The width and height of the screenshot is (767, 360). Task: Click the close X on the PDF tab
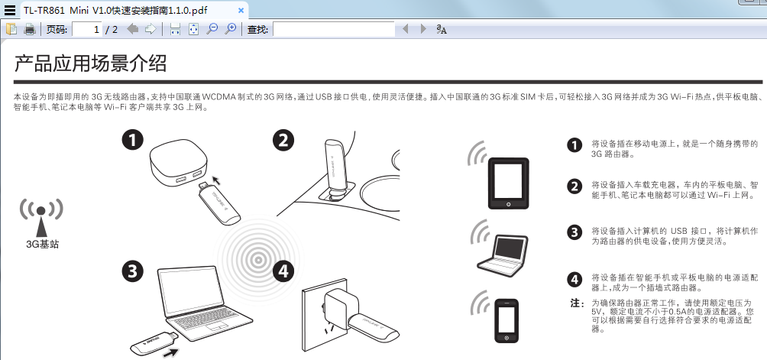pyautogui.click(x=241, y=10)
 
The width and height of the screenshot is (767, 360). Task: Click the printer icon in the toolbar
pyautogui.click(x=30, y=29)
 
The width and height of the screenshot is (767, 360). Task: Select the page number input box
pyautogui.click(x=87, y=29)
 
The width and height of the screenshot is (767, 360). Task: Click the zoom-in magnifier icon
pyautogui.click(x=230, y=29)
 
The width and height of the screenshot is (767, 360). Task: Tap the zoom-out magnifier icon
pyautogui.click(x=212, y=29)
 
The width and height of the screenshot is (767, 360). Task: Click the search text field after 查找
pyautogui.click(x=334, y=29)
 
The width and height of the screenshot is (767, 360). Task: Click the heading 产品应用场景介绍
pyautogui.click(x=90, y=63)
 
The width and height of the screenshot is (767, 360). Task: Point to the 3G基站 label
pyautogui.click(x=43, y=244)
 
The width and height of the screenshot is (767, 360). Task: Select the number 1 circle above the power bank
pyautogui.click(x=133, y=141)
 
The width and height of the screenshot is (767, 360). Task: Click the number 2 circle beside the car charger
pyautogui.click(x=283, y=141)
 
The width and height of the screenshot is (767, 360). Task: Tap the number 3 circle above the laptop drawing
pyautogui.click(x=133, y=271)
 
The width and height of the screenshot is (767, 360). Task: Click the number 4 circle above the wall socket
pyautogui.click(x=283, y=271)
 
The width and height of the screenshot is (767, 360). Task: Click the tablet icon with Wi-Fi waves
pyautogui.click(x=509, y=183)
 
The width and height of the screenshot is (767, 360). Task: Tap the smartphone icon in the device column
pyautogui.click(x=506, y=320)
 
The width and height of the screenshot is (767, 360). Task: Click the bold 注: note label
pyautogui.click(x=578, y=303)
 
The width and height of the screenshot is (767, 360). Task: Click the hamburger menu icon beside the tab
pyautogui.click(x=9, y=10)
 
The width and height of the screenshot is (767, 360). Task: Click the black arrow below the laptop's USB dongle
pyautogui.click(x=170, y=352)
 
